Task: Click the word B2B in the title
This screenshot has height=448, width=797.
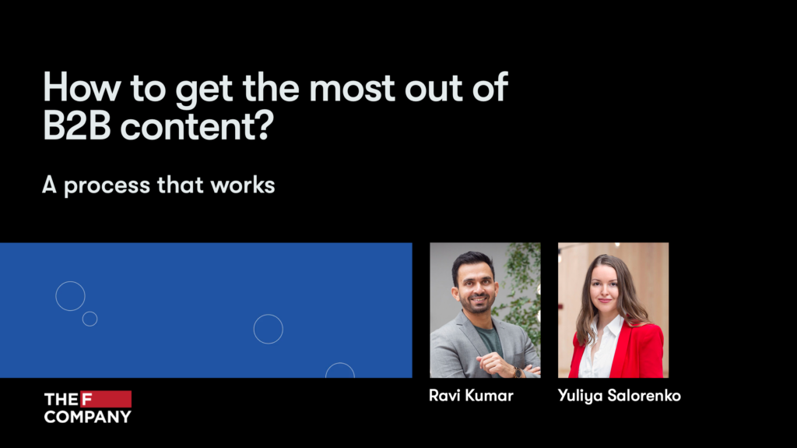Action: [77, 125]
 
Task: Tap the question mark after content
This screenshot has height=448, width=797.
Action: [265, 125]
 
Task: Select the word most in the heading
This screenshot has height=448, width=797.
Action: [352, 87]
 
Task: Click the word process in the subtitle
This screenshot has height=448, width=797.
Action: [107, 185]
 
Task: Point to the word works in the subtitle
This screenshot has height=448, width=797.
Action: [243, 185]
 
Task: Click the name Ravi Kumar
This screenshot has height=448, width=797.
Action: [471, 396]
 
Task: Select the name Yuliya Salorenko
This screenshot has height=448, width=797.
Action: [619, 396]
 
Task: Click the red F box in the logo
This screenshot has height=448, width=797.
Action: [106, 399]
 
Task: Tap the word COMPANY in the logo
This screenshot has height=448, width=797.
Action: [87, 416]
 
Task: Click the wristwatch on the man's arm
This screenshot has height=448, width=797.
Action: [518, 372]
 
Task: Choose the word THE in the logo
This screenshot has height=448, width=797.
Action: [61, 399]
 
